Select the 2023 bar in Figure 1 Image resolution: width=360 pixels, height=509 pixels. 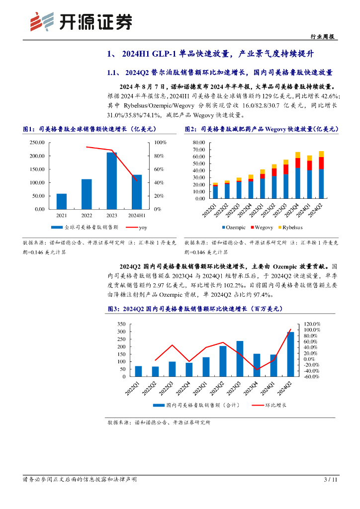pyautogui.click(x=111, y=180)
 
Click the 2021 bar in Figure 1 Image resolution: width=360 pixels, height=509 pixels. pyautogui.click(x=62, y=201)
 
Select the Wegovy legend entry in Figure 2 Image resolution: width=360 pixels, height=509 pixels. pyautogui.click(x=264, y=227)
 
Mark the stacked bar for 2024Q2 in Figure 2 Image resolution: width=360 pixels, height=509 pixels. pyautogui.click(x=321, y=174)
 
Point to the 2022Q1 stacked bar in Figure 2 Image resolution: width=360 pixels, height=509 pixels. pyautogui.click(x=215, y=190)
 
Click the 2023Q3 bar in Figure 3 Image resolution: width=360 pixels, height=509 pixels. pyautogui.click(x=240, y=358)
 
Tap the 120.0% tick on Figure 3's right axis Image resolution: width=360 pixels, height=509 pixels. pyautogui.click(x=313, y=324)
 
